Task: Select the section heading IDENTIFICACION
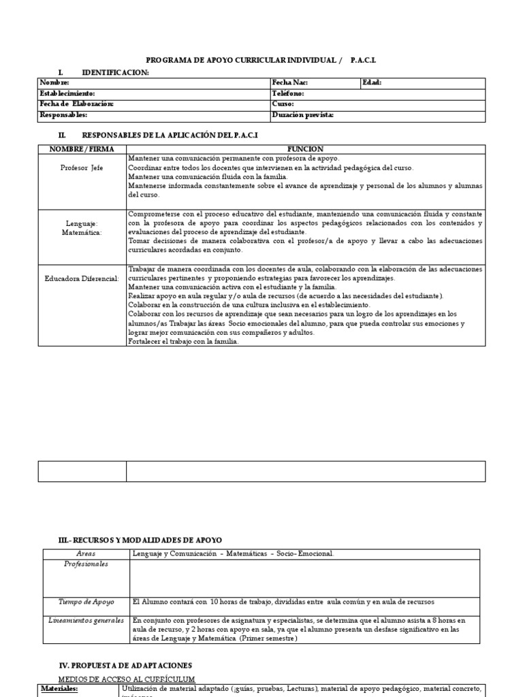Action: [115, 72]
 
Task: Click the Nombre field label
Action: [54, 82]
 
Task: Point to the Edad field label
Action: [373, 82]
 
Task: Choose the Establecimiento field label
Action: [67, 93]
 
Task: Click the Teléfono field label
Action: [288, 93]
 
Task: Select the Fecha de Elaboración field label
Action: [76, 104]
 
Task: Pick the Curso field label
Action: [283, 104]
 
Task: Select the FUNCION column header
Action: [306, 149]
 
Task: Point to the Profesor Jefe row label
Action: [82, 168]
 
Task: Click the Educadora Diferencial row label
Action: [82, 278]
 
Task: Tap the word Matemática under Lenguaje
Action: [82, 232]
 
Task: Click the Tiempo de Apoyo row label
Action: [86, 602]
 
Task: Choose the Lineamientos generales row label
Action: [86, 620]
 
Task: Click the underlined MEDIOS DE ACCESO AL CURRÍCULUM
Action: [127, 679]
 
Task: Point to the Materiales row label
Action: [59, 689]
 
